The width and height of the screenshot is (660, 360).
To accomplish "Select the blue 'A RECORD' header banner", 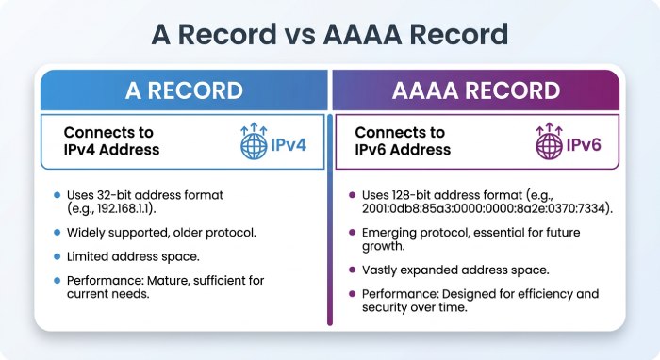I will (x=183, y=91).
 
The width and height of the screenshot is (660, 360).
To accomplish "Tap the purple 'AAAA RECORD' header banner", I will (x=475, y=91).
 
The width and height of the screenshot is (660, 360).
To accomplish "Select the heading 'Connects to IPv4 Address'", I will (x=111, y=141).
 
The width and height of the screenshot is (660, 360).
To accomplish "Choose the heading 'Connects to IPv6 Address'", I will (x=403, y=141).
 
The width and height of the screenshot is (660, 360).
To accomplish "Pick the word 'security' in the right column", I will (x=386, y=308).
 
